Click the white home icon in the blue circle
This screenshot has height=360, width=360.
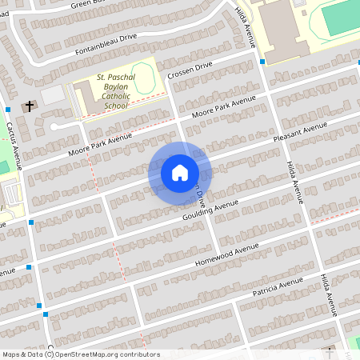click(179, 172)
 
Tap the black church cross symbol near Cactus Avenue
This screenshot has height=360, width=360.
click(30, 106)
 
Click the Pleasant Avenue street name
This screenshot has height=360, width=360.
click(301, 132)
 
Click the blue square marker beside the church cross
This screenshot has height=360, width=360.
click(8, 109)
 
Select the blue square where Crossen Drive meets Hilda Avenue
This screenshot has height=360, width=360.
click(262, 61)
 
